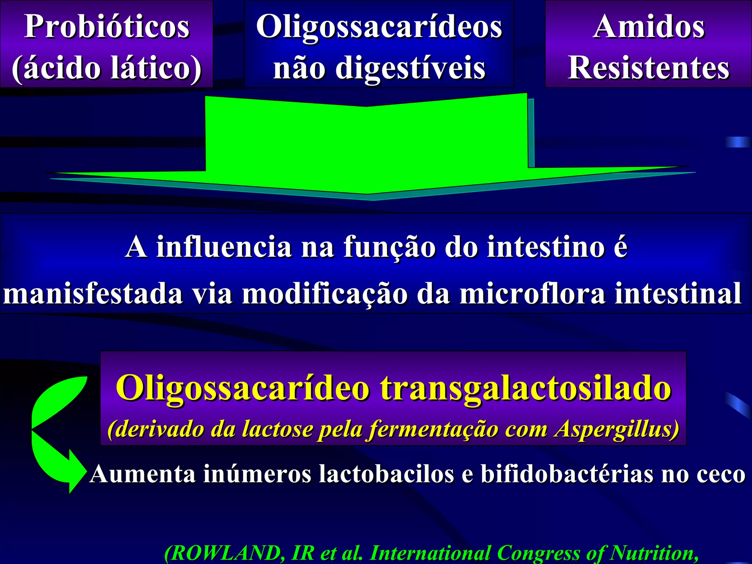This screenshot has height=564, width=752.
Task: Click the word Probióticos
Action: click(106, 26)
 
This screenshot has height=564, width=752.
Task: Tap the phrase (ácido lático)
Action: click(106, 68)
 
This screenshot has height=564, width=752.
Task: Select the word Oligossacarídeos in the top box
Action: click(379, 26)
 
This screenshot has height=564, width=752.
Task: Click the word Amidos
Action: click(648, 26)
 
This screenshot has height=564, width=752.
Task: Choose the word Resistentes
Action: click(648, 68)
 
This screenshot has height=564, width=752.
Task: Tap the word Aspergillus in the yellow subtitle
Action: click(617, 429)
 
